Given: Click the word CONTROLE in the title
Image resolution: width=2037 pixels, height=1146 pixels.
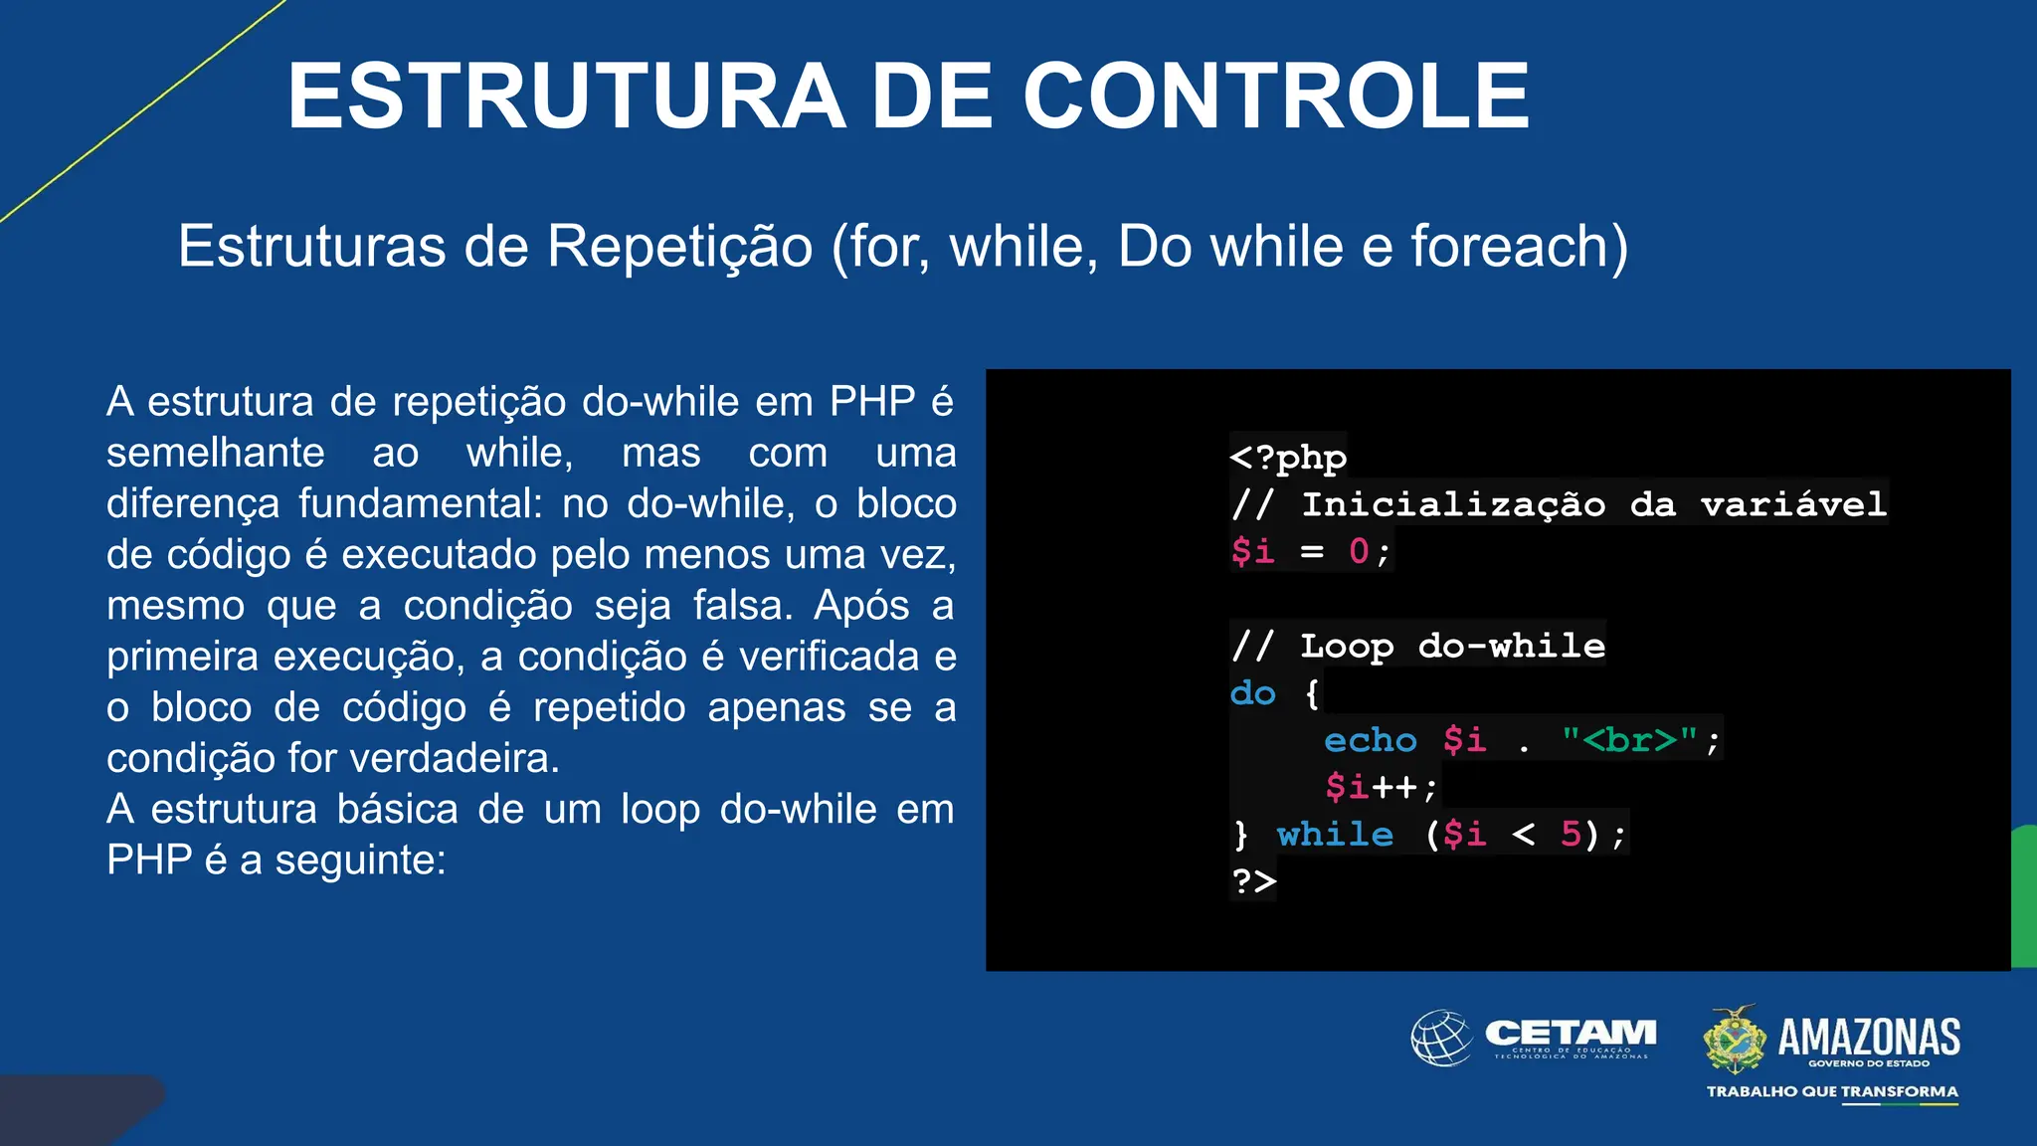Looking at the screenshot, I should coord(1275,95).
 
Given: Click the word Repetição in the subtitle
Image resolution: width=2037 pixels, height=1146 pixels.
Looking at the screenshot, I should coord(679,246).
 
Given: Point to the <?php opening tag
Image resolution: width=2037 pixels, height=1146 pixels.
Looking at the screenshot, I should coord(1288,457).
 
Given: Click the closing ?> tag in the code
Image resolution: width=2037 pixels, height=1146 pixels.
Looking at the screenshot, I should coord(1253,880).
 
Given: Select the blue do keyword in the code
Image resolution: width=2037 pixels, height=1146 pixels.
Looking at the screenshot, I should coord(1252,692).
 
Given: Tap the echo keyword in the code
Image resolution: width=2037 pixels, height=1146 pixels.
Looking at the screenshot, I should coord(1370,740).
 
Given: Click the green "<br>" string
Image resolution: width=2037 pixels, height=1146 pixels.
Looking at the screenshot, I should coord(1629,740).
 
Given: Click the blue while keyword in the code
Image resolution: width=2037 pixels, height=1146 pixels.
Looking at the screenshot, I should coord(1335,834).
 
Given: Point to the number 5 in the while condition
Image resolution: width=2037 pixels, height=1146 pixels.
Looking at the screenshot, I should coord(1571,834).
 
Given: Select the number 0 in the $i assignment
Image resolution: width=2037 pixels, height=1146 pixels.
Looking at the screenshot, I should coord(1359,551).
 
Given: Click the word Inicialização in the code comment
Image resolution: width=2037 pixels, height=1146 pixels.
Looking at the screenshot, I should coord(1453,504).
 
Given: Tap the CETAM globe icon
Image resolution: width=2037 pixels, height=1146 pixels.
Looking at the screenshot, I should coord(1441,1038).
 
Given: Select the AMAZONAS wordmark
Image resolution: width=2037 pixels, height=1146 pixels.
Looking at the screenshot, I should coord(1869,1037).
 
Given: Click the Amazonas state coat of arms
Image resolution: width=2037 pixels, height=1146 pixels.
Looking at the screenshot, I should coord(1734,1039).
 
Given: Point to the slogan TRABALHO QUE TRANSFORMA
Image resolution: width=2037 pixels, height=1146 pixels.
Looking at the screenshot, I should coord(1832,1091).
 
